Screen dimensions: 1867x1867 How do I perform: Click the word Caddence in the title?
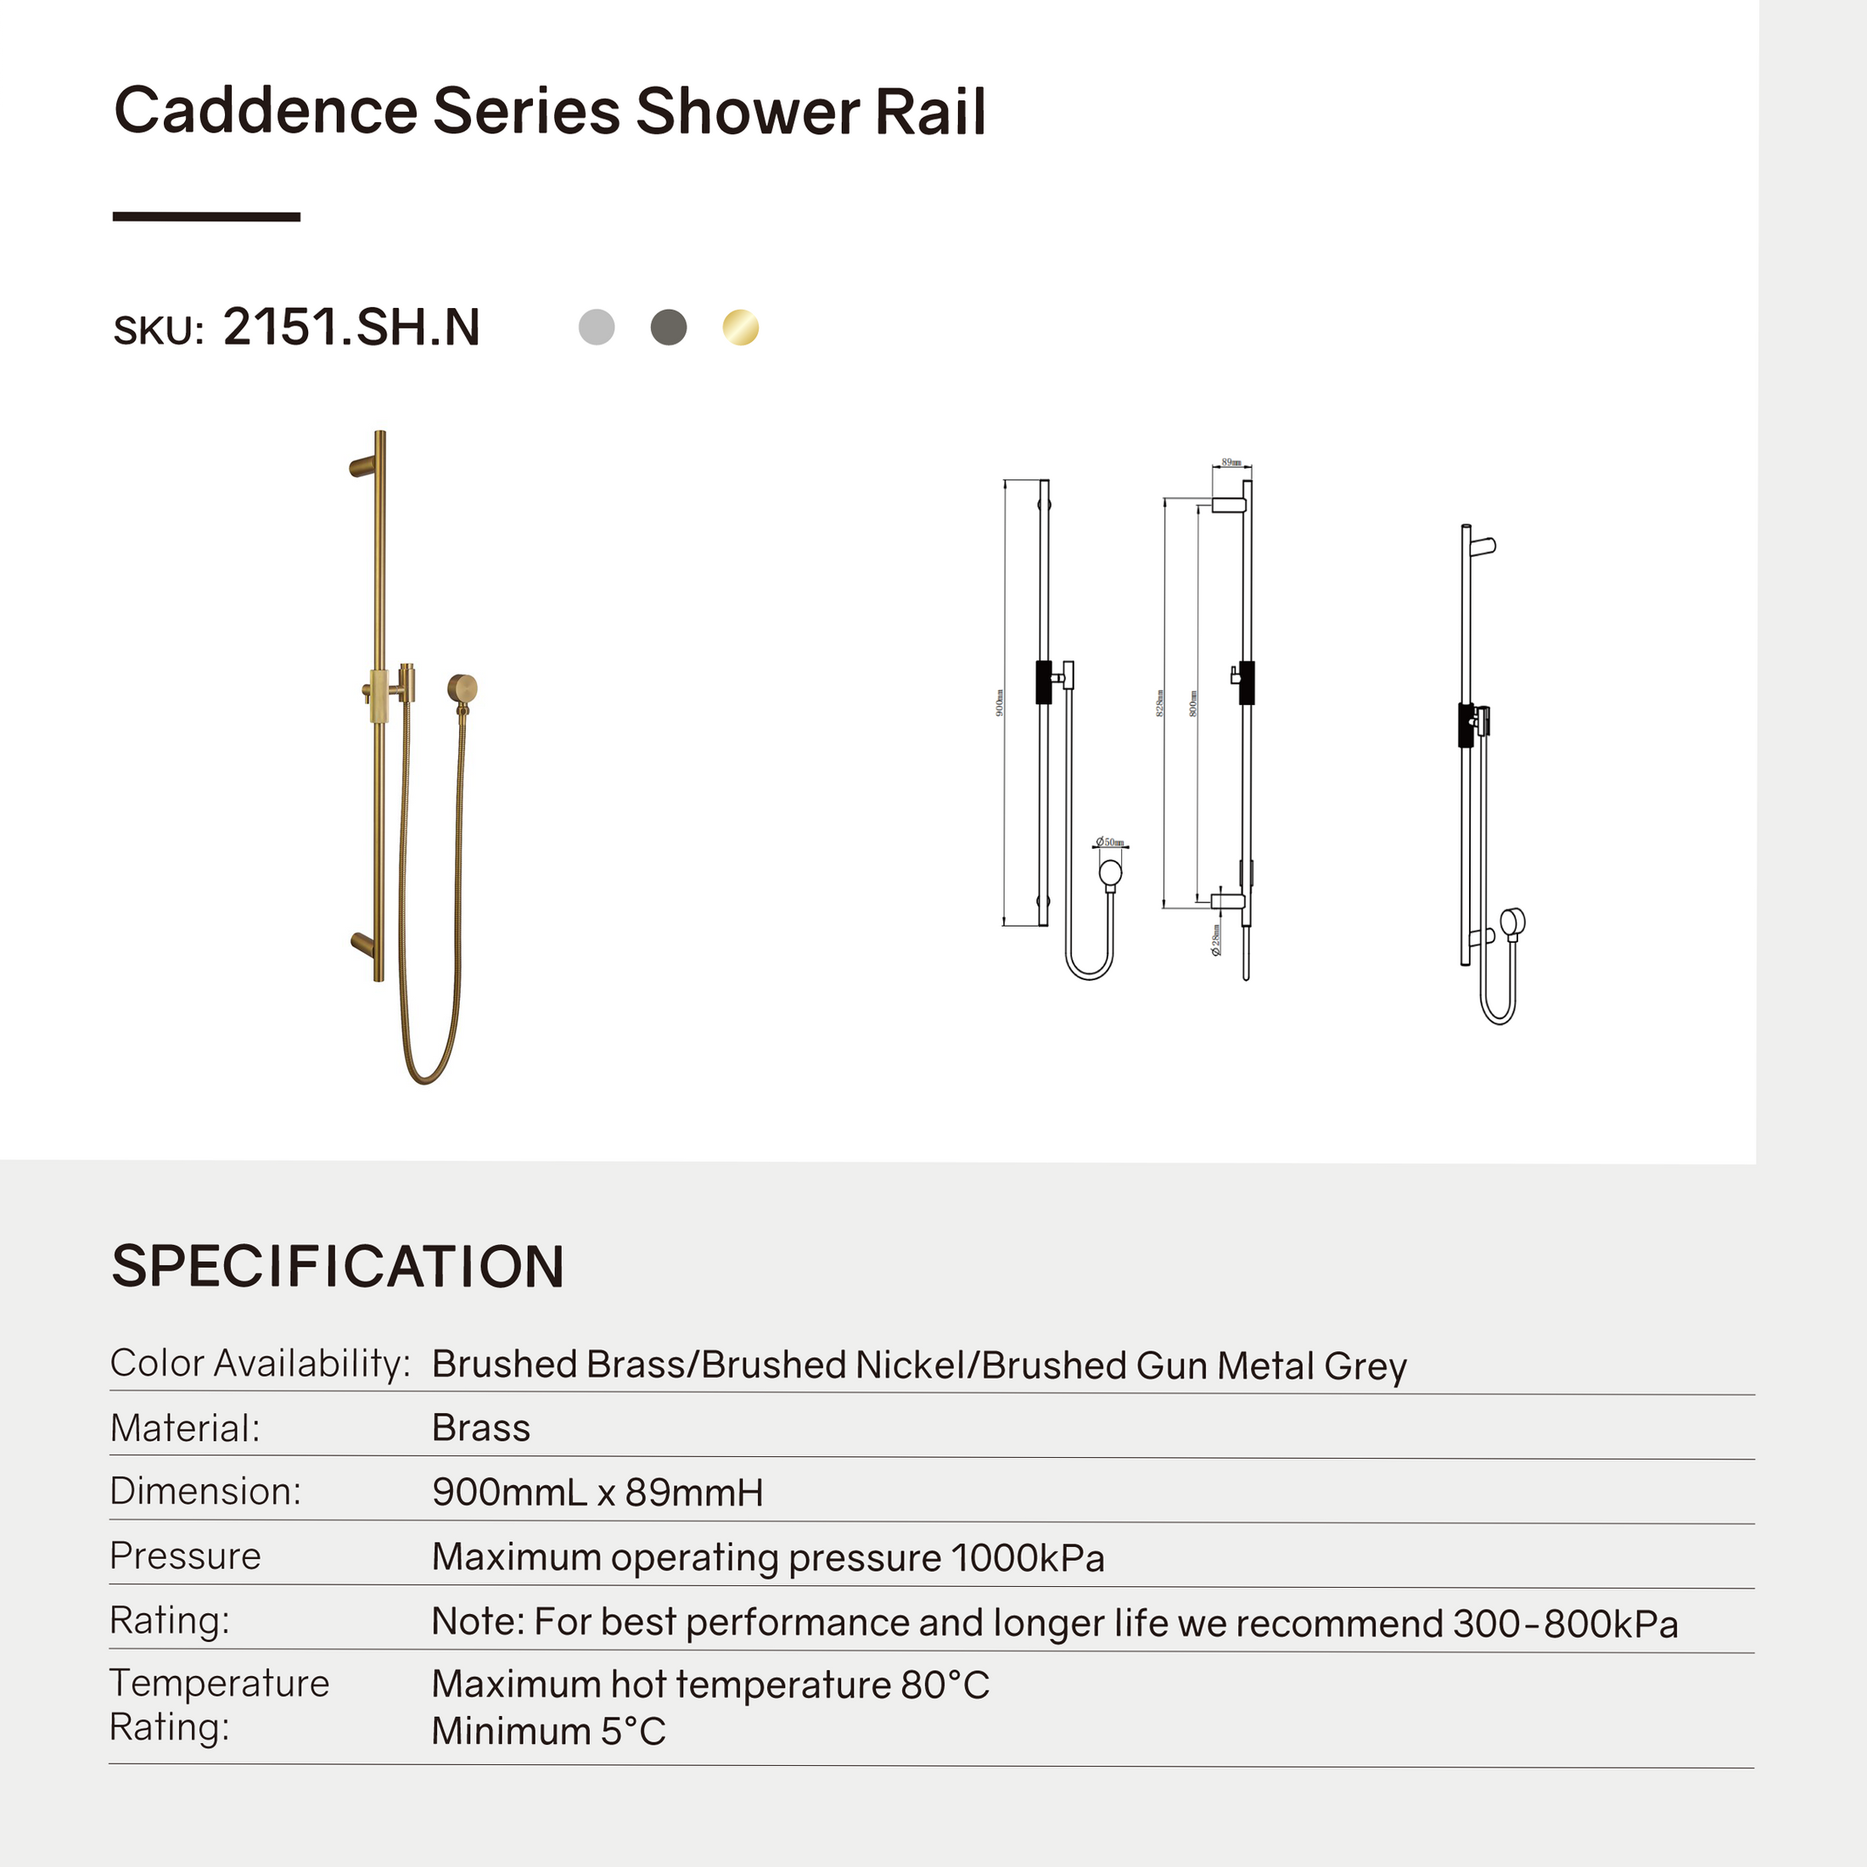tap(265, 111)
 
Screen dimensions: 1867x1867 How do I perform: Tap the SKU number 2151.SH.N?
tap(350, 327)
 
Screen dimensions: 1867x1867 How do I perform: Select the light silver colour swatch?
tap(597, 327)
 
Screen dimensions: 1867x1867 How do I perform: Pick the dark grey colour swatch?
tap(669, 327)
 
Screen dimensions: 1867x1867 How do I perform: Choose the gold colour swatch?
tap(741, 327)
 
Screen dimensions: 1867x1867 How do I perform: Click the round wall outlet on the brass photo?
tap(463, 688)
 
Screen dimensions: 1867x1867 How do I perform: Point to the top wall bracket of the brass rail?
tap(362, 467)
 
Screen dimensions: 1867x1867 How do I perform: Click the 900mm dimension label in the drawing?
tap(999, 703)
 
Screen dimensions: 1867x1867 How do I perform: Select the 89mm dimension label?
tap(1231, 463)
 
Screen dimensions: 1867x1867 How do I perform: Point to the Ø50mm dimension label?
tap(1112, 843)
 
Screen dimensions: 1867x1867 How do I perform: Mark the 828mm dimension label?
tap(1159, 703)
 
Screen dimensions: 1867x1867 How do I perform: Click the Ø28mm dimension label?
tap(1217, 939)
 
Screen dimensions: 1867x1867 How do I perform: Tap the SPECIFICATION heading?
tap(339, 1266)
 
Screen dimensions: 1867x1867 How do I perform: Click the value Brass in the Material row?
tap(480, 1428)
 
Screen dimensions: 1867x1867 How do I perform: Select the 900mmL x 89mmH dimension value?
tap(597, 1492)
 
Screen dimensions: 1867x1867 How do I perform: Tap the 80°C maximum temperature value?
tap(945, 1685)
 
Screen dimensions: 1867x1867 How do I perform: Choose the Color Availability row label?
tap(260, 1364)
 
